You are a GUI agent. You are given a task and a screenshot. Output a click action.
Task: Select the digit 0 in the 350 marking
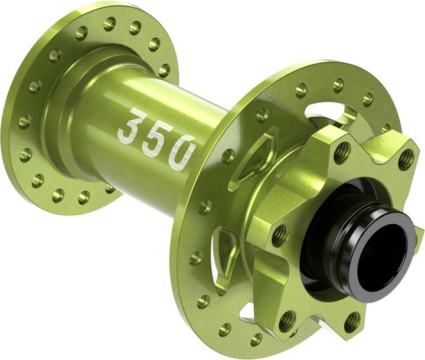(180, 152)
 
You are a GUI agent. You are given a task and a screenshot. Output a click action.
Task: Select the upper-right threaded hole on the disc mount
(406, 158)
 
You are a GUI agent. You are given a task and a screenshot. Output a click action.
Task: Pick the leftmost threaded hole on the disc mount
(279, 235)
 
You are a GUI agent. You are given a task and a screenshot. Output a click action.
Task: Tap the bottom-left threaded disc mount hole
(287, 321)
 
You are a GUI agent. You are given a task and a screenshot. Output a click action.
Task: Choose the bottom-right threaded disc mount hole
(352, 322)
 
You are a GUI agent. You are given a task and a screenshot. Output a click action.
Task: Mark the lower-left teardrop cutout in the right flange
(226, 254)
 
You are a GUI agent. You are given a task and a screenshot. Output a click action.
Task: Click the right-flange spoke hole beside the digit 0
(228, 156)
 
